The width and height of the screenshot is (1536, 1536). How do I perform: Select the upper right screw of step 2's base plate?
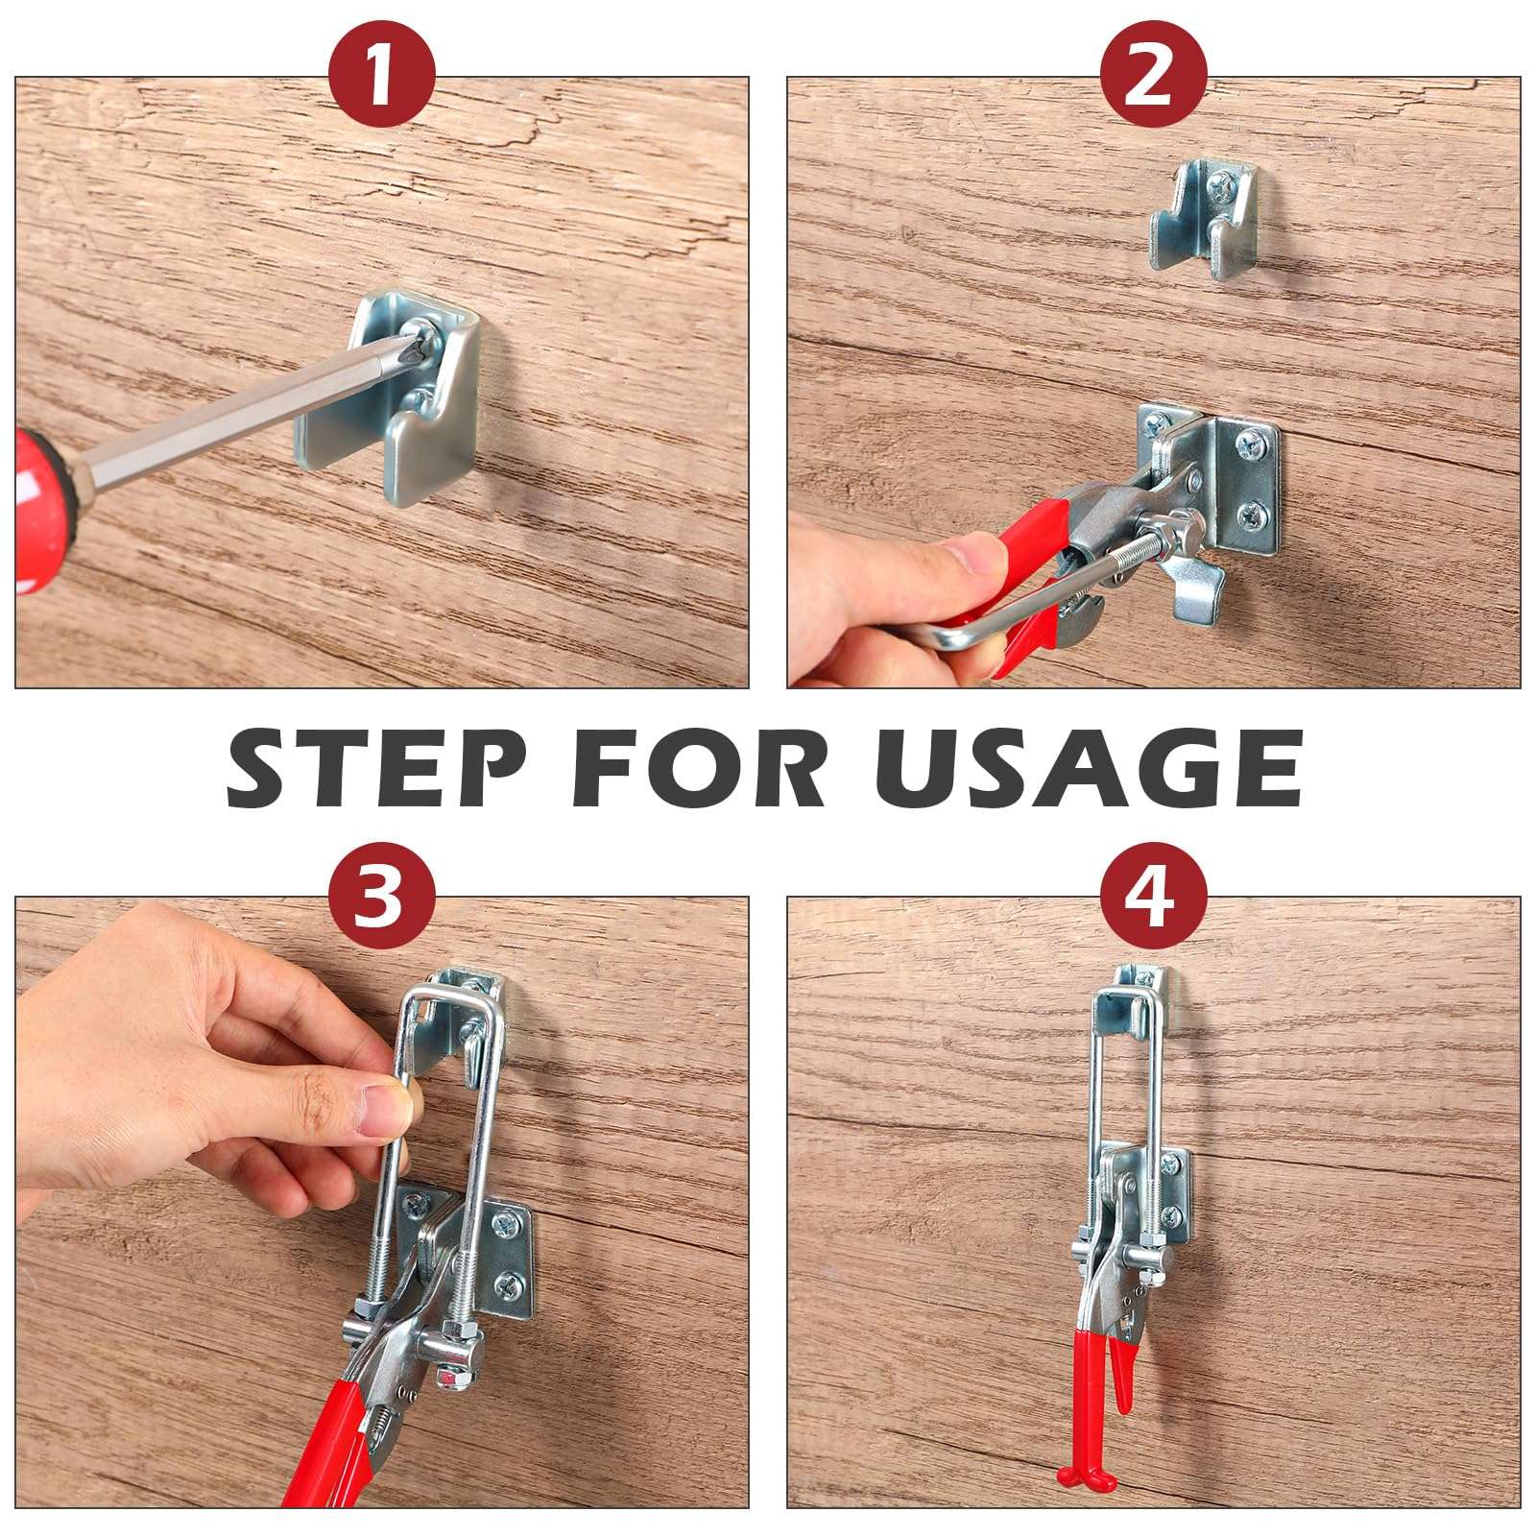coord(1254,444)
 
